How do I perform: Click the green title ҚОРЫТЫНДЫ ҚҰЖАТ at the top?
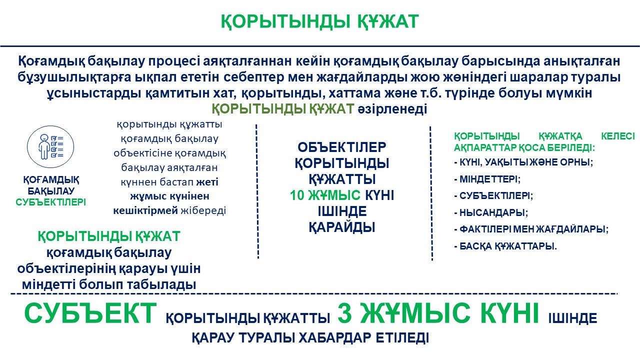(319, 21)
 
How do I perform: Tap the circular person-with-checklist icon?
(50, 147)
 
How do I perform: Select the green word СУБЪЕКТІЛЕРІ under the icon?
(50, 202)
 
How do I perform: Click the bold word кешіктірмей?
(145, 210)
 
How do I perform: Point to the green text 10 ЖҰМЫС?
(325, 195)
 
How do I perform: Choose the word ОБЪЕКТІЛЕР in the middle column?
(341, 147)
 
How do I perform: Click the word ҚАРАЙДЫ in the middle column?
(341, 227)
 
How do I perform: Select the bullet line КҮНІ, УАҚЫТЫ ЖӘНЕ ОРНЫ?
(523, 162)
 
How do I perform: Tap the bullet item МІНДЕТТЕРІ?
(487, 179)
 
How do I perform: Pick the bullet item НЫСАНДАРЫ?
(491, 212)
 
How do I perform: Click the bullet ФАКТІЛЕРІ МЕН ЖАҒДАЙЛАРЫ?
(531, 229)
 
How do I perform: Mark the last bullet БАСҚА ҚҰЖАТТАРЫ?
(505, 246)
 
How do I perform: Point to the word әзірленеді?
(392, 109)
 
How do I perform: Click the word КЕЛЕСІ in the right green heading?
(617, 136)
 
